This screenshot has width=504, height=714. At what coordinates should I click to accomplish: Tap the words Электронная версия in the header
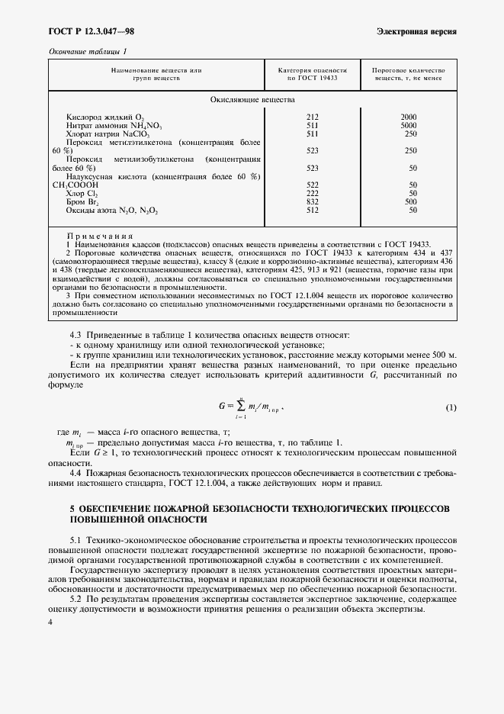[x=417, y=31]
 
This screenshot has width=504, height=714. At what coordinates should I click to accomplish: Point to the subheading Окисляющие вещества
[x=252, y=100]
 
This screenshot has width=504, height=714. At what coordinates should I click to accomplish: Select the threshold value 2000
[x=409, y=117]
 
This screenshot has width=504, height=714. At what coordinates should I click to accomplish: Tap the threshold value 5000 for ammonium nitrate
[x=409, y=125]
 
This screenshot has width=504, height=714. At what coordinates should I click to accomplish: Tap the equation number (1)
[x=451, y=407]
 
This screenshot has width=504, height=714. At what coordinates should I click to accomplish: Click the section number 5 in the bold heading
[x=51, y=507]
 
